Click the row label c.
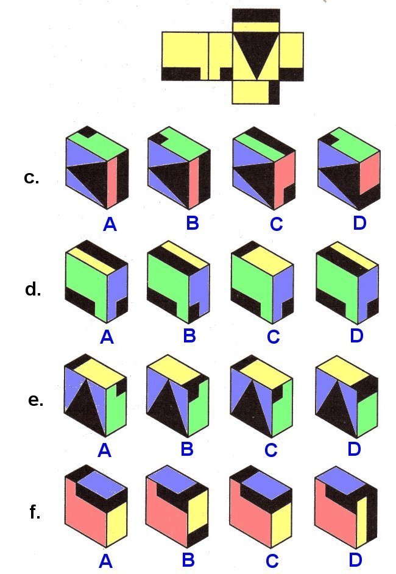31,178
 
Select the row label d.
33,289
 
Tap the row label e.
35,401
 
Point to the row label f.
35,512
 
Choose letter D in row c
359,223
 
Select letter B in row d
189,335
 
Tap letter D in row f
355,559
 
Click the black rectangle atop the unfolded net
256,15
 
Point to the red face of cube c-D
370,174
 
